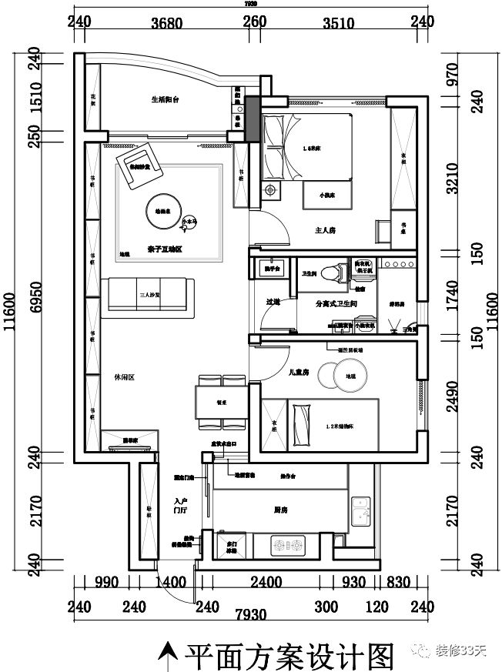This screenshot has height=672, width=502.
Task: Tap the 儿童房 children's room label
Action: [x=298, y=372]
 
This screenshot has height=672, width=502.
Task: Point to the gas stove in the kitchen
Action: [x=289, y=547]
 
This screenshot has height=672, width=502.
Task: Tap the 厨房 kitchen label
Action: [x=280, y=510]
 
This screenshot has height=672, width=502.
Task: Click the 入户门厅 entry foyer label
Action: [x=182, y=504]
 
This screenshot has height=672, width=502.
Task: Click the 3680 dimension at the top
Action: [x=166, y=22]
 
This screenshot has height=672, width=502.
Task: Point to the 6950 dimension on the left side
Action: [x=34, y=305]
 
